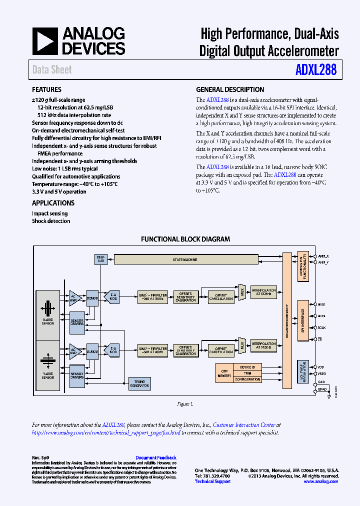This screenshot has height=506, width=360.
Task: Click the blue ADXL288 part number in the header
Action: coord(316,69)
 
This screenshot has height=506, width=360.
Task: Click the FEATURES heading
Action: coord(46,90)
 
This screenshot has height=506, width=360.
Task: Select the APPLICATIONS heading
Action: coord(53,203)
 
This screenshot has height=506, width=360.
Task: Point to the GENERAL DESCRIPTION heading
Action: coord(230,90)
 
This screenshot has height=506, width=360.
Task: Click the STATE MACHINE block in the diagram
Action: coord(185,259)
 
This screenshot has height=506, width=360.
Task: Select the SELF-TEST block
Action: coord(100,259)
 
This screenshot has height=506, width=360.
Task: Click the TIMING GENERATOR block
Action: coord(139,383)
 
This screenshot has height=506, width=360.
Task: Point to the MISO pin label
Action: coord(321,304)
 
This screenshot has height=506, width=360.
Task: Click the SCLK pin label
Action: coord(321,327)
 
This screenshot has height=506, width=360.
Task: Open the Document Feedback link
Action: coord(156,457)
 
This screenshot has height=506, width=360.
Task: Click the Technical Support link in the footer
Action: coord(212,481)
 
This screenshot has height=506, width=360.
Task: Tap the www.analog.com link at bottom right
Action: coord(320,481)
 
